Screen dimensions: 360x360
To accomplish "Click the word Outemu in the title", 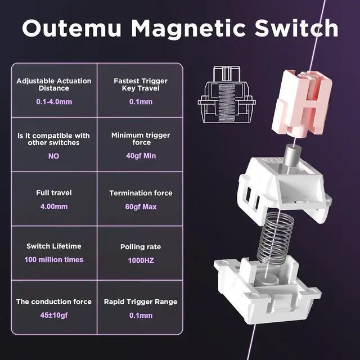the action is pyautogui.click(x=71, y=28).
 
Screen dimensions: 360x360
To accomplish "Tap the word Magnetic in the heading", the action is pyautogui.click(x=188, y=28).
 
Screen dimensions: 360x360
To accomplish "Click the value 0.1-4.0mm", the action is pyautogui.click(x=54, y=101).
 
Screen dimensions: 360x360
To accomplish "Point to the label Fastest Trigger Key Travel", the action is pyautogui.click(x=141, y=84).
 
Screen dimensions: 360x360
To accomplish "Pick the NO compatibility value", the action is pyautogui.click(x=54, y=156).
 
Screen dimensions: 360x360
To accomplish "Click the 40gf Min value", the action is pyautogui.click(x=141, y=156).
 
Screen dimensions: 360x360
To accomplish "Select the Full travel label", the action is pyautogui.click(x=54, y=192).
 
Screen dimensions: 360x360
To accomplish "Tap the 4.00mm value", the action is pyautogui.click(x=54, y=206).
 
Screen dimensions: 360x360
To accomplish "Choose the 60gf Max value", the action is pyautogui.click(x=141, y=206).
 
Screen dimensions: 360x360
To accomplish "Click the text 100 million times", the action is pyautogui.click(x=54, y=260).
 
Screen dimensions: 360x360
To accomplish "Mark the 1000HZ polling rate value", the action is pyautogui.click(x=141, y=260).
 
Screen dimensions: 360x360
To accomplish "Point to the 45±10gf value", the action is pyautogui.click(x=54, y=315).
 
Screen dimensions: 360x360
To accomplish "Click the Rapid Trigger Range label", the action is pyautogui.click(x=141, y=301).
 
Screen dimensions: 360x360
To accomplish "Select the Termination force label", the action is pyautogui.click(x=141, y=193).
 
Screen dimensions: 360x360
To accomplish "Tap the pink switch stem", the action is pyautogui.click(x=301, y=103).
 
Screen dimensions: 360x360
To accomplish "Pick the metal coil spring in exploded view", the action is pyautogui.click(x=275, y=238).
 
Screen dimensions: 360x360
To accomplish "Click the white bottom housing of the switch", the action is pyautogui.click(x=268, y=290).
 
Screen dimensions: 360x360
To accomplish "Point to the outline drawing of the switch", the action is pyautogui.click(x=227, y=94).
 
